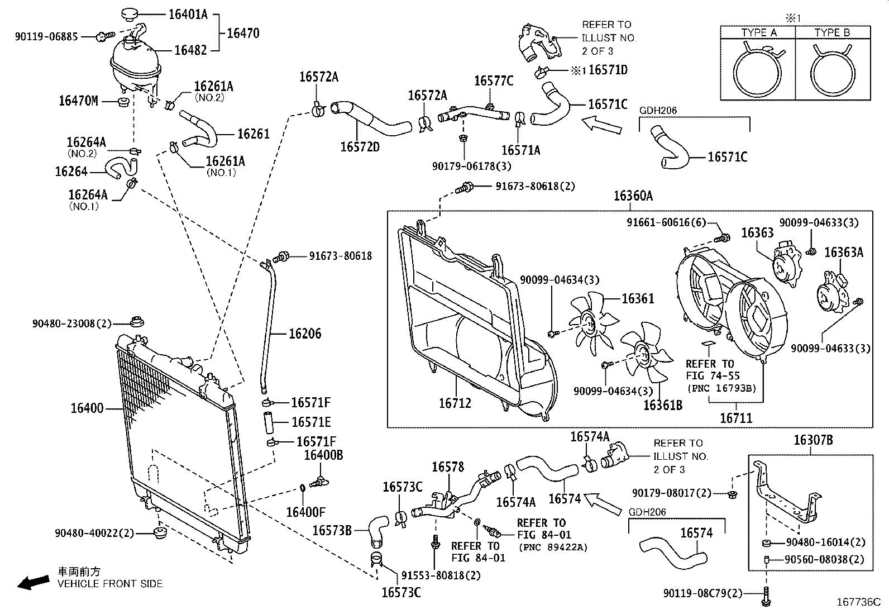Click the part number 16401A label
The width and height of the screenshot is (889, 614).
[188, 14]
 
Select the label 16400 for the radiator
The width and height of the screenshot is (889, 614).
[87, 408]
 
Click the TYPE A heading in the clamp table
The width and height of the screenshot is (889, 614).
[758, 32]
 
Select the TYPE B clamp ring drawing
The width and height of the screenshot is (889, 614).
[833, 70]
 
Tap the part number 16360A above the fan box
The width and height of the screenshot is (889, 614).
[633, 196]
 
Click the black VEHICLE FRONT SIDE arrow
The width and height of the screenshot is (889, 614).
[33, 583]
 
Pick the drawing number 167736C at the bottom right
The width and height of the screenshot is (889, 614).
[858, 602]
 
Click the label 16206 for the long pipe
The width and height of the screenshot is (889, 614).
[305, 334]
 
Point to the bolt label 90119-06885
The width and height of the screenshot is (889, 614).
[46, 37]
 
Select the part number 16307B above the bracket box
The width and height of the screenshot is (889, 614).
[813, 441]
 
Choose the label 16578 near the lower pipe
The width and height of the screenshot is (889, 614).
[448, 467]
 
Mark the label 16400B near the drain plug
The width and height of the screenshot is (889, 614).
[323, 455]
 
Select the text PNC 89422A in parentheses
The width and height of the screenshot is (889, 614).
[553, 547]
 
